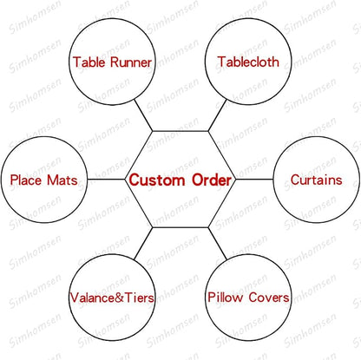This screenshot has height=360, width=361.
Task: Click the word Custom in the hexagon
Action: pyautogui.click(x=157, y=180)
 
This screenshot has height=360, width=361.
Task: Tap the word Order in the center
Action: pyautogui.click(x=212, y=180)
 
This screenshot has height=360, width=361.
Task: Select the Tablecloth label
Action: pyautogui.click(x=248, y=62)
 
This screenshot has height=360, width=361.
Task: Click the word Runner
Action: pyautogui.click(x=131, y=62)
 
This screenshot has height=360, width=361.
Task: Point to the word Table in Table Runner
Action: pyautogui.click(x=89, y=62)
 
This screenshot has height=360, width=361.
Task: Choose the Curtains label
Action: pyautogui.click(x=317, y=180)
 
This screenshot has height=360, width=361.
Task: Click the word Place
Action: pyautogui.click(x=26, y=180)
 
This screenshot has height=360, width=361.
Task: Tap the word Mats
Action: pyautogui.click(x=62, y=180)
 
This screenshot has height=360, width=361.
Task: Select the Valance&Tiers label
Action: pyautogui.click(x=112, y=298)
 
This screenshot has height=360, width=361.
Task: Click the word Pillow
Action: pyautogui.click(x=226, y=298)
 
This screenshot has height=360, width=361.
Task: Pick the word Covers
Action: pyautogui.click(x=269, y=298)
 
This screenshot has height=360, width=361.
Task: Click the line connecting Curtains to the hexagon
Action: pyautogui.click(x=254, y=180)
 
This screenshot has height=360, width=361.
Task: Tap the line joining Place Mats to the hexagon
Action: pyautogui.click(x=106, y=180)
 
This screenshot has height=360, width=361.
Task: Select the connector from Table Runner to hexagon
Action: pyautogui.click(x=143, y=115)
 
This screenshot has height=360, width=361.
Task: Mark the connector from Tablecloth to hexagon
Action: pyautogui.click(x=217, y=115)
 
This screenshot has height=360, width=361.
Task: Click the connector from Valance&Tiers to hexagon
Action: pyautogui.click(x=143, y=243)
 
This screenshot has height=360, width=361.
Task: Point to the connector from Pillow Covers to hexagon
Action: pyautogui.click(x=217, y=243)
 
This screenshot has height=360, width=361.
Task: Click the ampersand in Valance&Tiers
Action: pyautogui.click(x=119, y=298)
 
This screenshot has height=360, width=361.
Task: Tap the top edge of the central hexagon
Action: pyautogui.click(x=180, y=131)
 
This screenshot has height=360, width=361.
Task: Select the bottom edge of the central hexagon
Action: pyautogui.click(x=180, y=227)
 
